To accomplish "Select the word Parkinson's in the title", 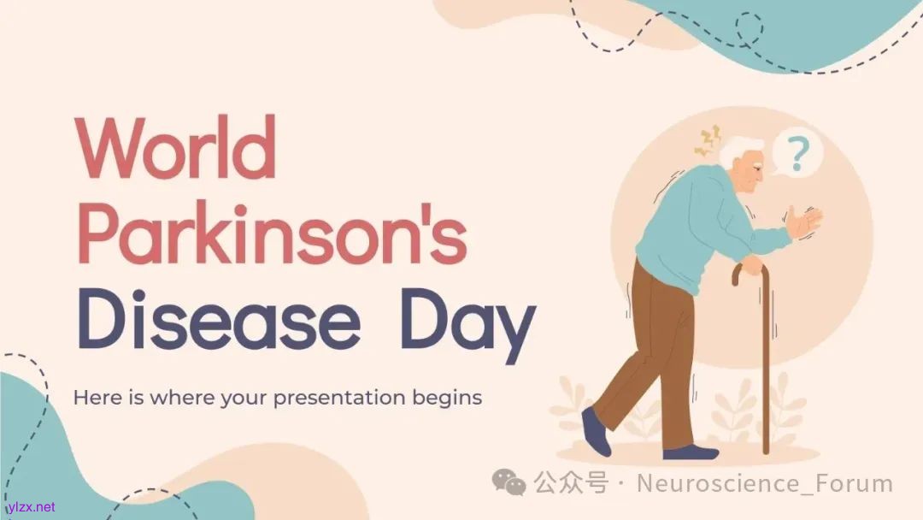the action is (272, 233).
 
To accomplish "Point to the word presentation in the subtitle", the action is (339, 399).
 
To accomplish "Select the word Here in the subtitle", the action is (98, 398).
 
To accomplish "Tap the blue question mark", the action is (797, 153).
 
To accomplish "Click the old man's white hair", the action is (735, 151).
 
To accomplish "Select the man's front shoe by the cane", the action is (691, 452).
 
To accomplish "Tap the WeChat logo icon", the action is (509, 482).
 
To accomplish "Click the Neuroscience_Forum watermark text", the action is (765, 483).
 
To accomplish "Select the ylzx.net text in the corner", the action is (31, 507).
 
